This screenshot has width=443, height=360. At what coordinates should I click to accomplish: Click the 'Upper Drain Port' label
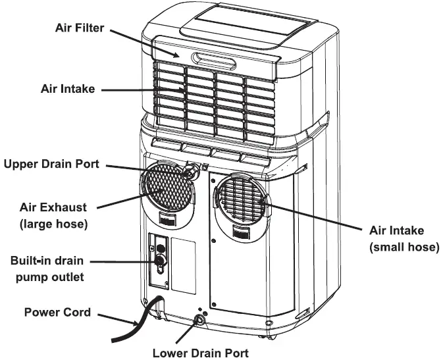click(51, 163)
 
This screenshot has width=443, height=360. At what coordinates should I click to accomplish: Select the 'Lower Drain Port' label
click(200, 352)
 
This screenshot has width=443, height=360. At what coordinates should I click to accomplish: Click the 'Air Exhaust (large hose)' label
click(52, 215)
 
